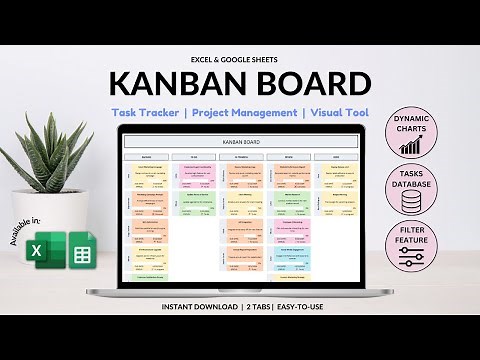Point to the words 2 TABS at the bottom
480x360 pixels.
pos(252,306)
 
